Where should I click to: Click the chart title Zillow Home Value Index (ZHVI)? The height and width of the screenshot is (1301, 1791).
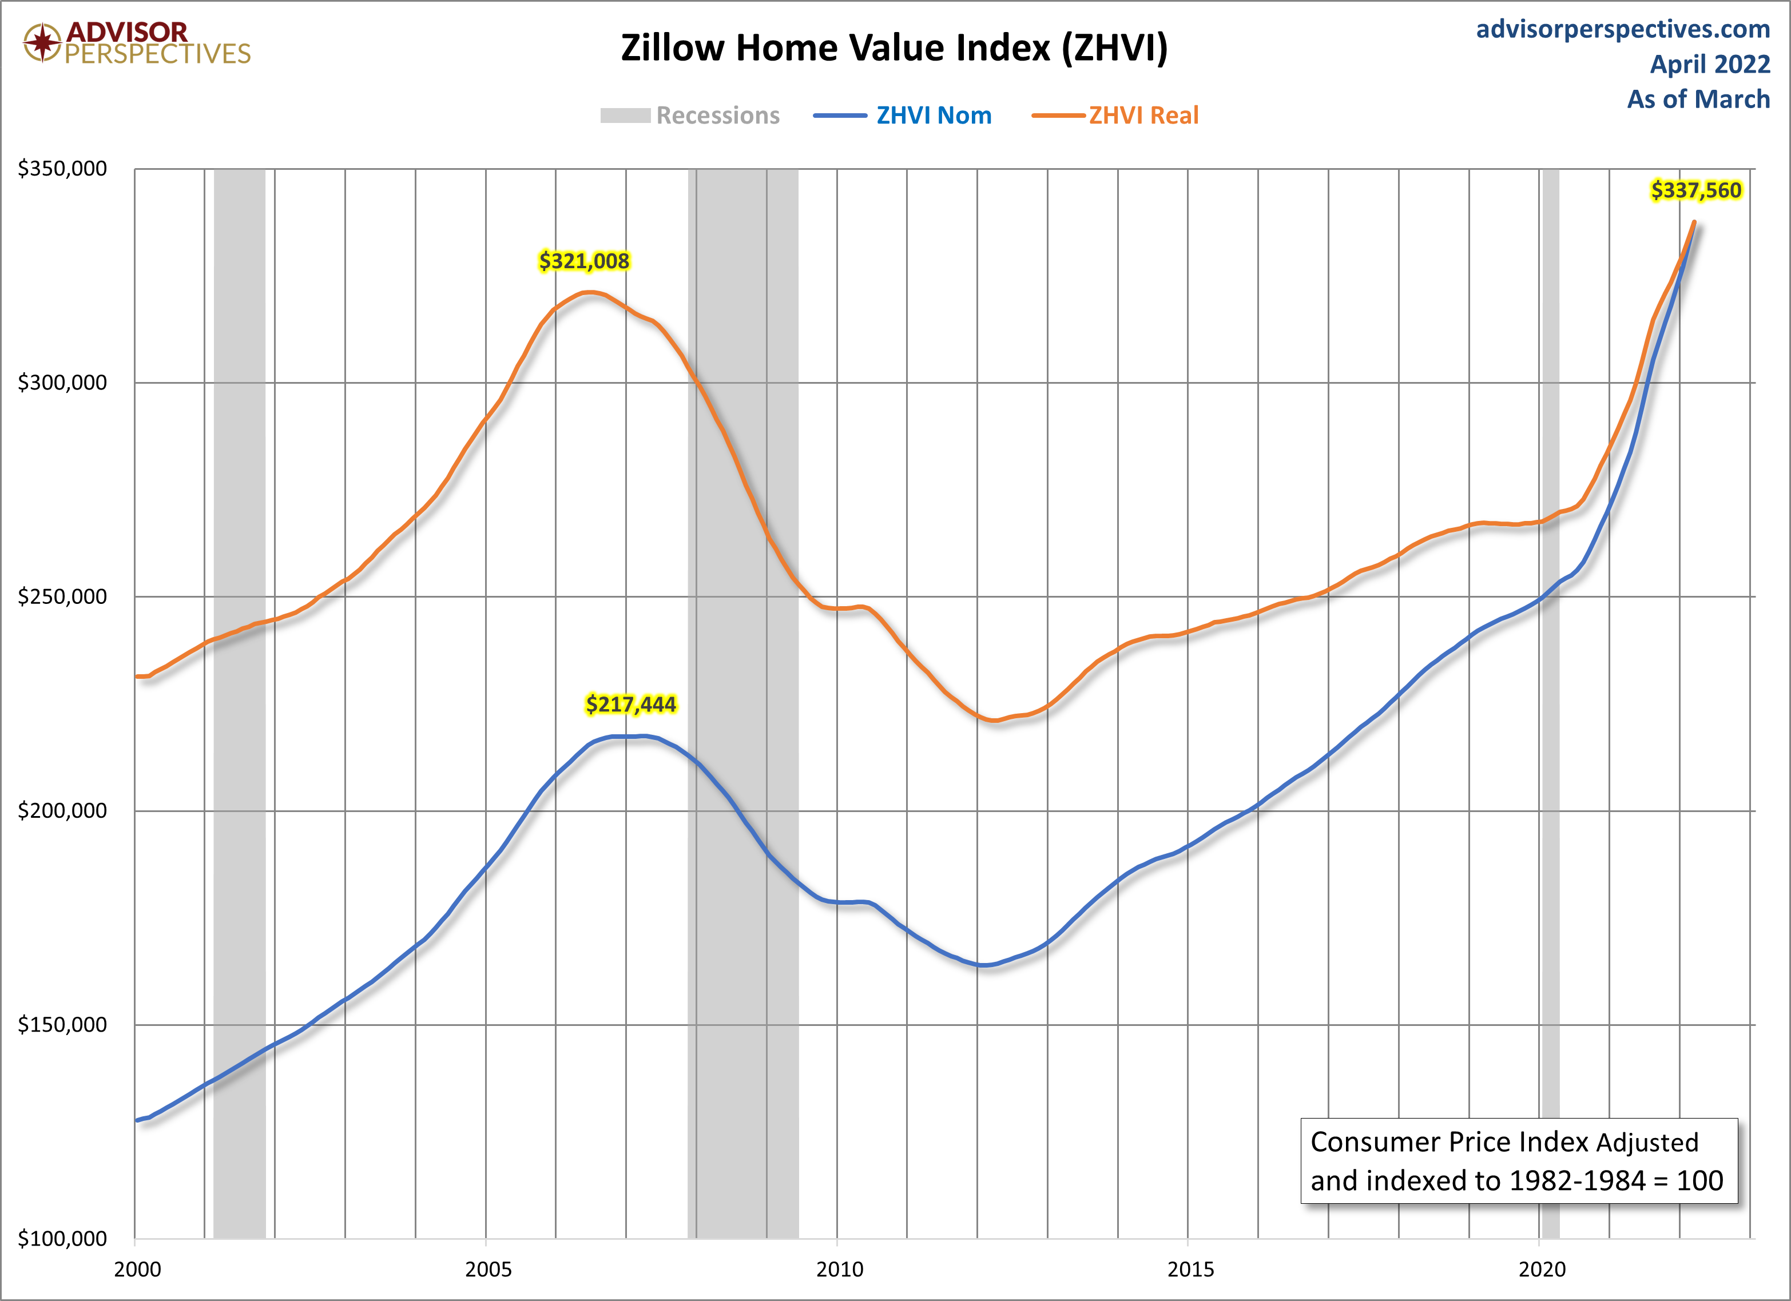tap(894, 48)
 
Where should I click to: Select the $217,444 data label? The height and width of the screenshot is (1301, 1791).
tap(631, 704)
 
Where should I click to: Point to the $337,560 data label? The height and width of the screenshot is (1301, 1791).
tap(1695, 190)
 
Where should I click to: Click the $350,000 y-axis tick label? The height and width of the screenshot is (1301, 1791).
tap(62, 168)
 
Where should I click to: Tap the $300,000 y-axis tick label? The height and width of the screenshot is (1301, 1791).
tap(62, 383)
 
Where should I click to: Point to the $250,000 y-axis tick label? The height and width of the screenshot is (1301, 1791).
tap(62, 597)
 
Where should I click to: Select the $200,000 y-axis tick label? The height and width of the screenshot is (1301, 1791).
tap(62, 811)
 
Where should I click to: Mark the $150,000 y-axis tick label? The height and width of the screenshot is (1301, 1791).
tap(62, 1025)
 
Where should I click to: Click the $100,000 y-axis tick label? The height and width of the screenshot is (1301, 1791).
tap(62, 1239)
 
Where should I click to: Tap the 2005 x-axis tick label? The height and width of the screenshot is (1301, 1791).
tap(488, 1270)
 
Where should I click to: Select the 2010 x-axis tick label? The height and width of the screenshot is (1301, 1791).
tap(839, 1270)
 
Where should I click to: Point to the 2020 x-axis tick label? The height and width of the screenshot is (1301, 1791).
tap(1542, 1270)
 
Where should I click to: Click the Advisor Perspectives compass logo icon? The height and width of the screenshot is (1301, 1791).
tap(42, 42)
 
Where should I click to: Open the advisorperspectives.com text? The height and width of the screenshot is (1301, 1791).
tap(1623, 29)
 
